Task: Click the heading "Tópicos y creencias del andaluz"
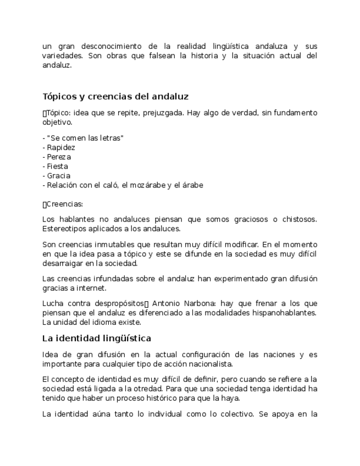(x=115, y=97)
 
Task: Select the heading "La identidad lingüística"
(x=97, y=337)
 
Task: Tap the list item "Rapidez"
(x=61, y=147)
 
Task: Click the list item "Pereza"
(x=59, y=157)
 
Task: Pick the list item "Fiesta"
(x=58, y=166)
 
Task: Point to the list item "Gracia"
(x=59, y=175)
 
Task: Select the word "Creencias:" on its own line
(x=65, y=204)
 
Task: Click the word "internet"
(x=91, y=287)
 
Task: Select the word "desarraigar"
(x=63, y=263)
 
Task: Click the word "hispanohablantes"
(x=286, y=313)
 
